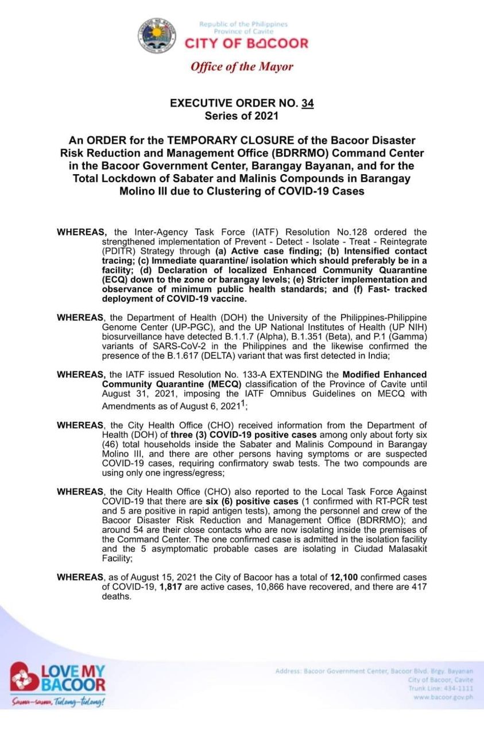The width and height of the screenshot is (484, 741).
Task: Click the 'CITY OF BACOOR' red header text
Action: [x=246, y=43]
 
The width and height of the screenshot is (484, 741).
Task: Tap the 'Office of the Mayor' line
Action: [x=242, y=67]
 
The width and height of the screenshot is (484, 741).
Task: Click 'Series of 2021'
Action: [x=242, y=116]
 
